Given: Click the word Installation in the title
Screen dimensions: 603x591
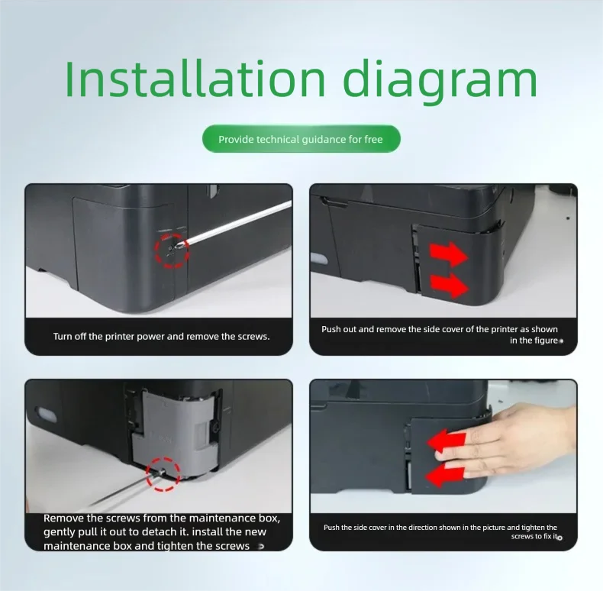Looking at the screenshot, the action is point(195,79).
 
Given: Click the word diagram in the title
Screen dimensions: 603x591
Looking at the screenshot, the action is point(440,82).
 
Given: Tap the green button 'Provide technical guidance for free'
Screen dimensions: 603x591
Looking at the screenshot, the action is point(301,139).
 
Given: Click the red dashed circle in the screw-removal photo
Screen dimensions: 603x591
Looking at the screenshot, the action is point(172,250).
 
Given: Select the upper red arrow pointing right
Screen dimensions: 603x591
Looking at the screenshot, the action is point(448,255).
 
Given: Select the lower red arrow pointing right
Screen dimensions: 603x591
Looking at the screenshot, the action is point(449,286).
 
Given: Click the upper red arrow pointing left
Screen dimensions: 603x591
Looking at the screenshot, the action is point(445,441).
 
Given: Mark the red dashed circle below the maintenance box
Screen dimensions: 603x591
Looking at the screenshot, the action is point(163,474).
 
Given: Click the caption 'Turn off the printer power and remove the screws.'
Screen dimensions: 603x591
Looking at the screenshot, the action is point(162,336).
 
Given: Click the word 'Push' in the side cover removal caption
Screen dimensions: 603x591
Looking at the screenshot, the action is point(331,329).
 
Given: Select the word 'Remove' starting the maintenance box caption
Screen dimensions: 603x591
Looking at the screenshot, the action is point(63,518).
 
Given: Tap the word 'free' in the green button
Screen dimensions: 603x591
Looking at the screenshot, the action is point(373,139).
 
